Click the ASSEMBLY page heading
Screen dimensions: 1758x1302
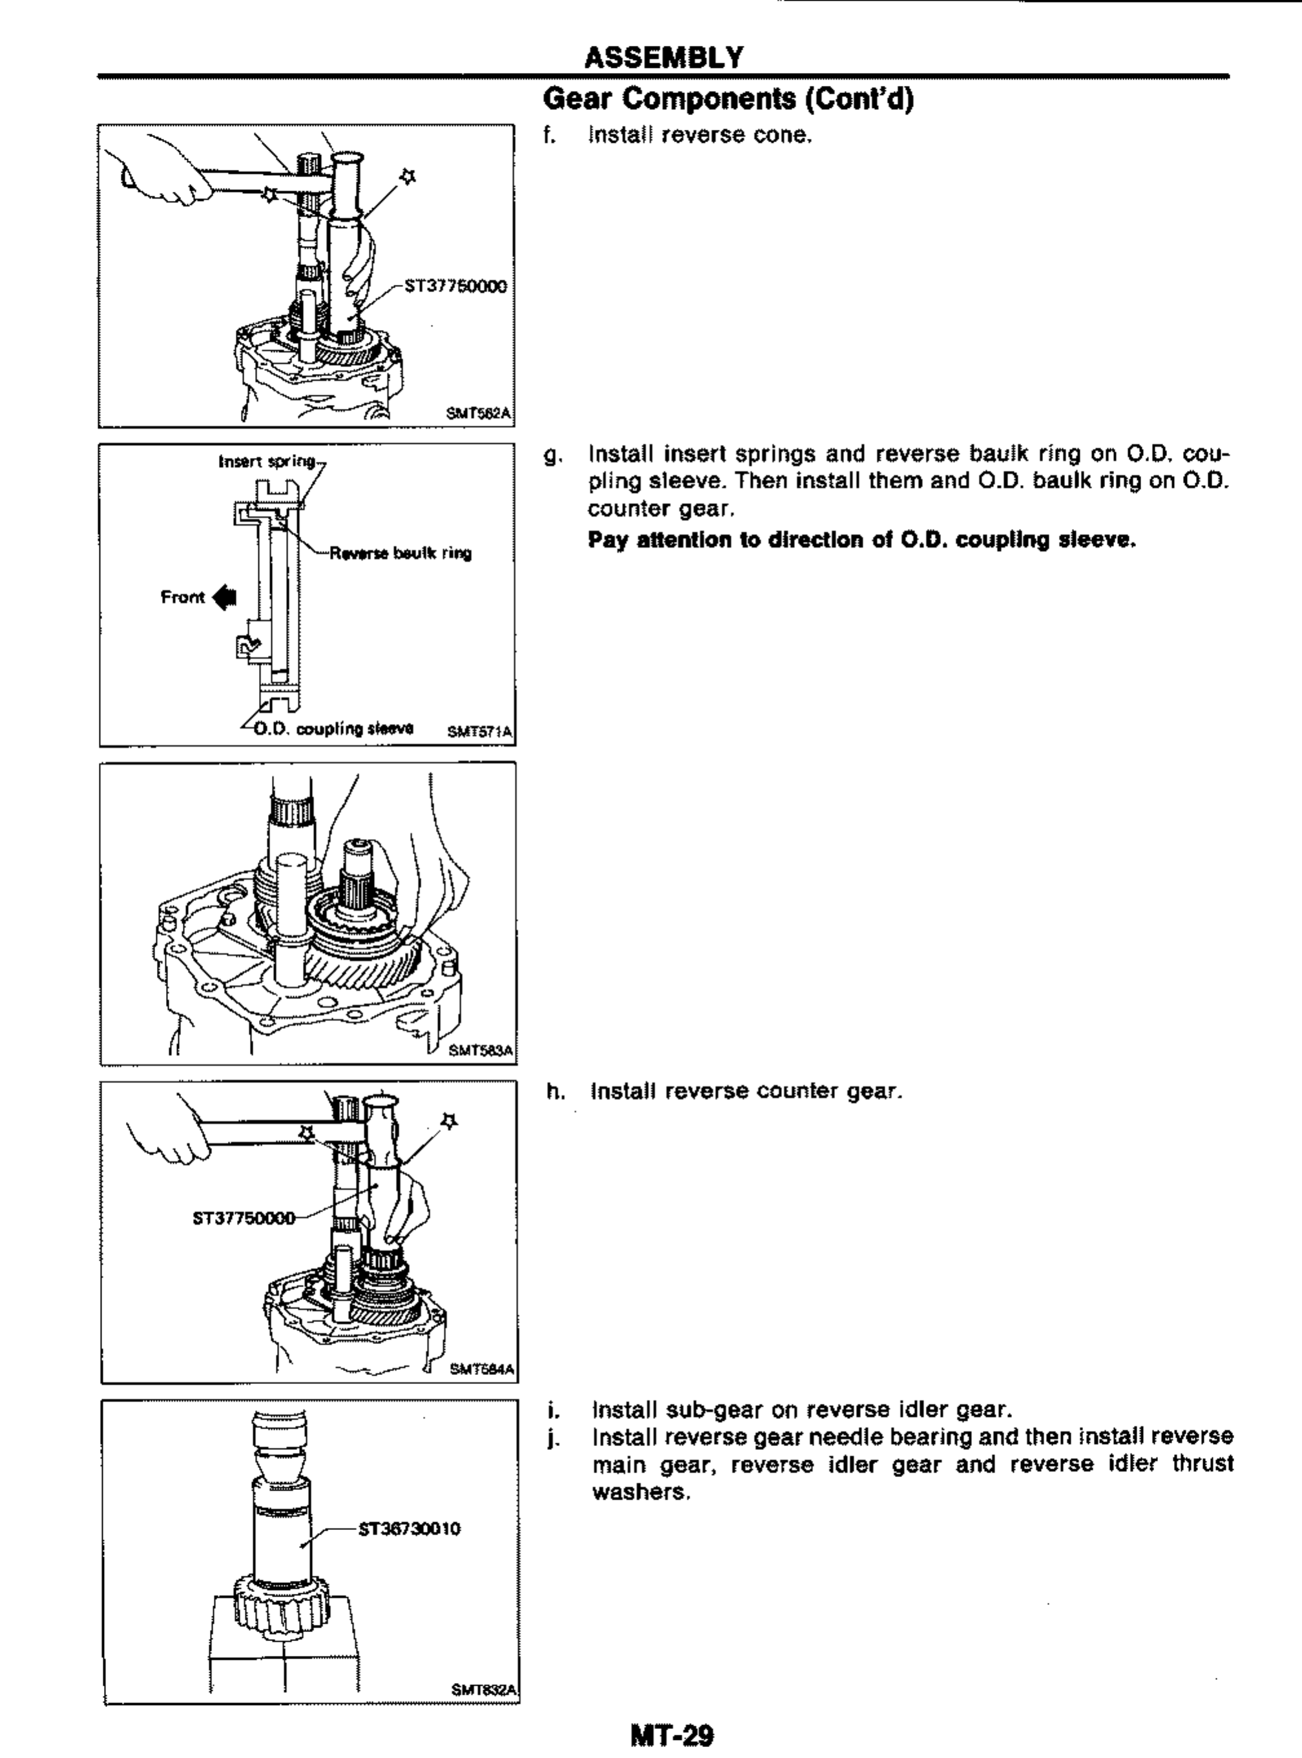coord(664,57)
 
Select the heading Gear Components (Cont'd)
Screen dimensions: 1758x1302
coord(728,99)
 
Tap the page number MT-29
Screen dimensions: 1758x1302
coord(672,1734)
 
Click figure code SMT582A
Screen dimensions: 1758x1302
coord(479,412)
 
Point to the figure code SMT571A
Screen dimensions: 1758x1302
coord(479,731)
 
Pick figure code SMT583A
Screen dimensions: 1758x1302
coord(480,1050)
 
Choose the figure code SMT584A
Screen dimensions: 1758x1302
coord(482,1370)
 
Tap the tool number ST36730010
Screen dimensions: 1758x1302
coord(409,1529)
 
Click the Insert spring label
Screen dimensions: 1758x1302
coord(266,461)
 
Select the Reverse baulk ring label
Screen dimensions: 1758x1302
coord(400,553)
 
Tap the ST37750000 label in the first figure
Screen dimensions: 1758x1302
coord(455,285)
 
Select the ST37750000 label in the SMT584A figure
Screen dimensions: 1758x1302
coord(243,1218)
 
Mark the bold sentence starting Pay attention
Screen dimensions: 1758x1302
coord(862,541)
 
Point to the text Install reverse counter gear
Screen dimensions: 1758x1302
coord(745,1091)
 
